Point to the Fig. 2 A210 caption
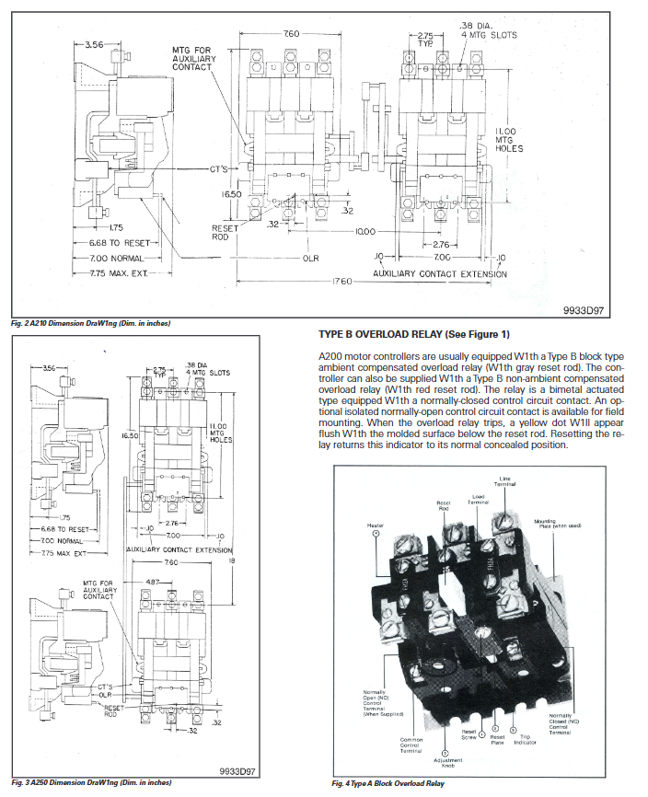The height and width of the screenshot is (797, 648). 91,323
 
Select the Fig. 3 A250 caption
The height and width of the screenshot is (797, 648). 91,783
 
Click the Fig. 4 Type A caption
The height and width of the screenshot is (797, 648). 388,784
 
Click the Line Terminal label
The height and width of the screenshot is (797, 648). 505,481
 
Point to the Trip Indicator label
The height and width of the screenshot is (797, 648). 526,739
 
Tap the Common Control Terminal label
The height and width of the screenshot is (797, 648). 411,743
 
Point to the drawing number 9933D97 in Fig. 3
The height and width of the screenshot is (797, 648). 242,769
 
